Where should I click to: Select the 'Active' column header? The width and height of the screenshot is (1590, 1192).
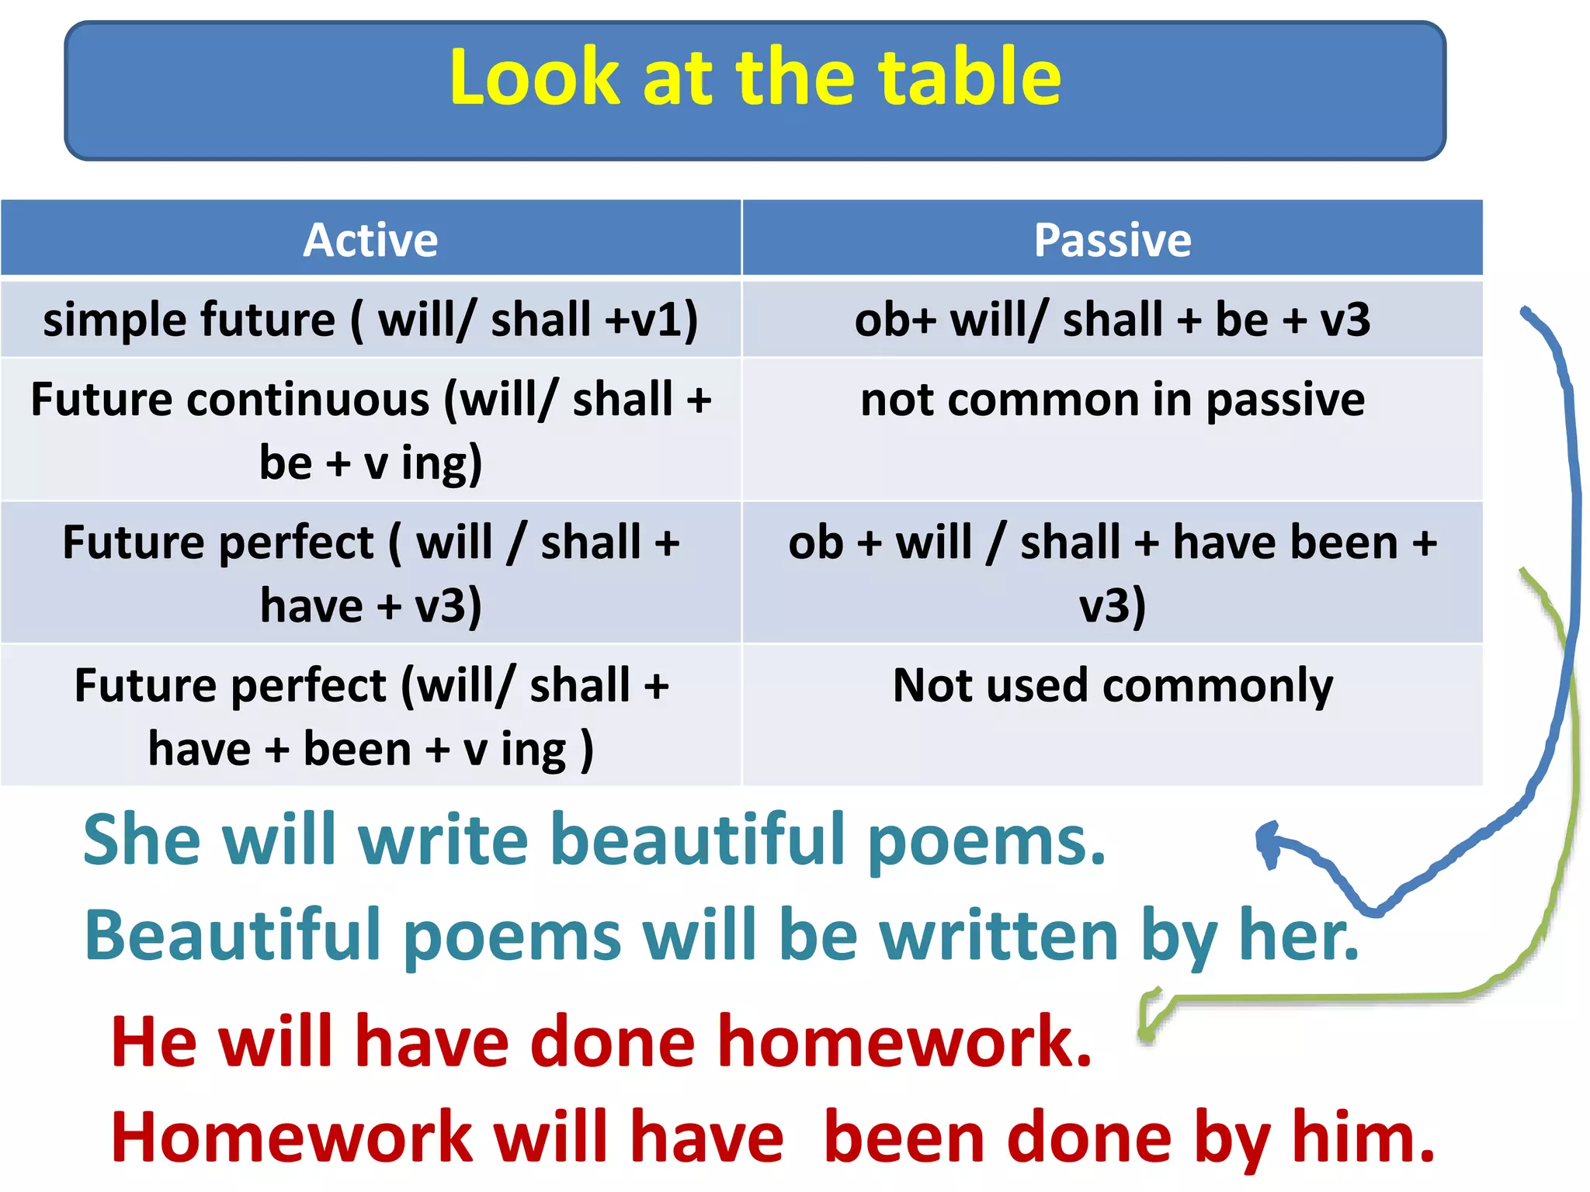(x=370, y=240)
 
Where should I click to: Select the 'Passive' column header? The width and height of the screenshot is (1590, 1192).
(x=1112, y=240)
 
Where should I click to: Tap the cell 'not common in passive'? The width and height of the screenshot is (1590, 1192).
(x=1112, y=400)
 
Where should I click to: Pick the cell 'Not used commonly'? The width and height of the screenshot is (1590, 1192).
(x=1112, y=686)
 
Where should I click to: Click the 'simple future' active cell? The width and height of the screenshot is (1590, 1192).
(x=370, y=320)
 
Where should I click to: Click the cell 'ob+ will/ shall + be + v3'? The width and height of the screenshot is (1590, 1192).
(x=1112, y=320)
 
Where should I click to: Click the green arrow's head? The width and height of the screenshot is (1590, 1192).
(x=1147, y=1024)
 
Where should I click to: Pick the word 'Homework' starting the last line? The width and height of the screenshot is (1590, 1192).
(x=291, y=1138)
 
